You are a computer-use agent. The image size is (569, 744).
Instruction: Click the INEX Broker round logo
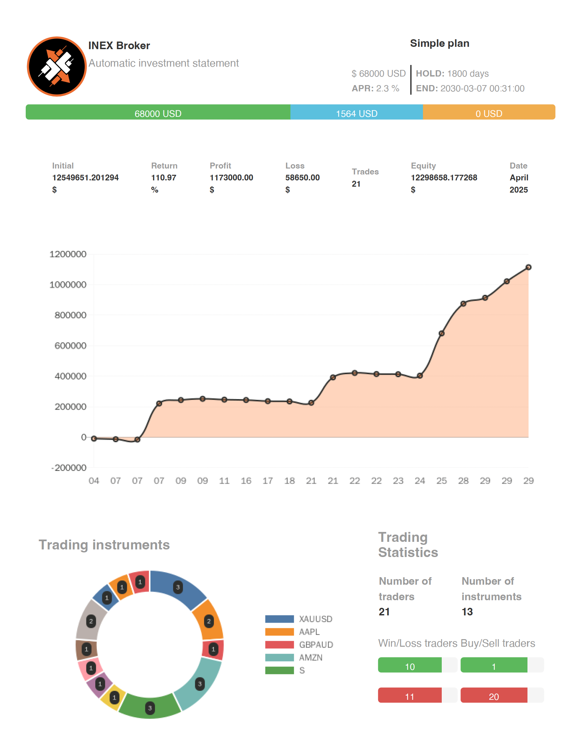point(57,66)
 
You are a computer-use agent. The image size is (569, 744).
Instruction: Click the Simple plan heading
point(439,43)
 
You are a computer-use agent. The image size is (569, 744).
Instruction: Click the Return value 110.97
point(164,177)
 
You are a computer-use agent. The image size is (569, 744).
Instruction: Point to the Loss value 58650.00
point(302,177)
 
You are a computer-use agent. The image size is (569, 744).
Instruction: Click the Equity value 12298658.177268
point(444,177)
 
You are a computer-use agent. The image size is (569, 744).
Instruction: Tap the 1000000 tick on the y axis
point(68,285)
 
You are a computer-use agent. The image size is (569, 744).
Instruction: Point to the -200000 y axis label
point(69,468)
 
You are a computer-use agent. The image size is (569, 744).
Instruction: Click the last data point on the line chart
point(528,267)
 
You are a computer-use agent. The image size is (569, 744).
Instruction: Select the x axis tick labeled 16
point(246,480)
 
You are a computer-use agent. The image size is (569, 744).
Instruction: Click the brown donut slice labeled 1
point(87,649)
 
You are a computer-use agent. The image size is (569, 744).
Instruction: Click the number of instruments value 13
point(467,611)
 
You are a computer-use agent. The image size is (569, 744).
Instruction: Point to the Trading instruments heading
point(104,545)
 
